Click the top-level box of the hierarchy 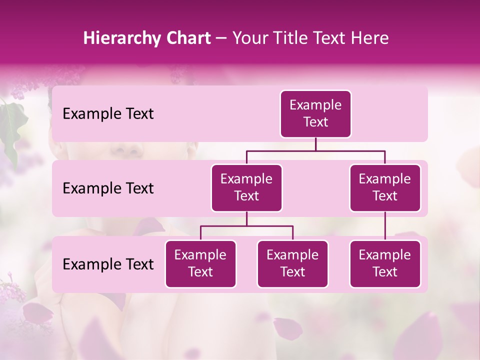point(315,114)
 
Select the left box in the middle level point(246,188)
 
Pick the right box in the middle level point(385,188)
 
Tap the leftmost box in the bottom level point(200,264)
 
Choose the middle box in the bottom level point(292,264)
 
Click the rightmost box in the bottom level point(385,264)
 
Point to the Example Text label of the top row point(108,114)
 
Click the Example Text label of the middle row point(108,188)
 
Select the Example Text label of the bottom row point(108,264)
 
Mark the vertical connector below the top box point(315,144)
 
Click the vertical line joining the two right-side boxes point(385,226)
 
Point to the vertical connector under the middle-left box point(246,219)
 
